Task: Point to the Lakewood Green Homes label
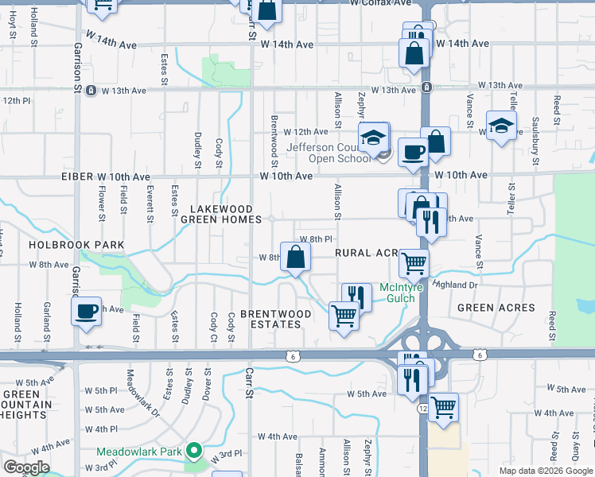[220, 215]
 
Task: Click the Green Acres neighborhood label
[496, 308]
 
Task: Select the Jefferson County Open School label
[327, 152]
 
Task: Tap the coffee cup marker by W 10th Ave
[414, 151]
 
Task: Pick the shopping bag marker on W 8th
[294, 258]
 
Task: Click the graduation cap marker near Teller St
[502, 126]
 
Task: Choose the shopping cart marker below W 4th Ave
[443, 407]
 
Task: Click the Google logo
[26, 468]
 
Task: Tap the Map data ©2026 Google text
[546, 471]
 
